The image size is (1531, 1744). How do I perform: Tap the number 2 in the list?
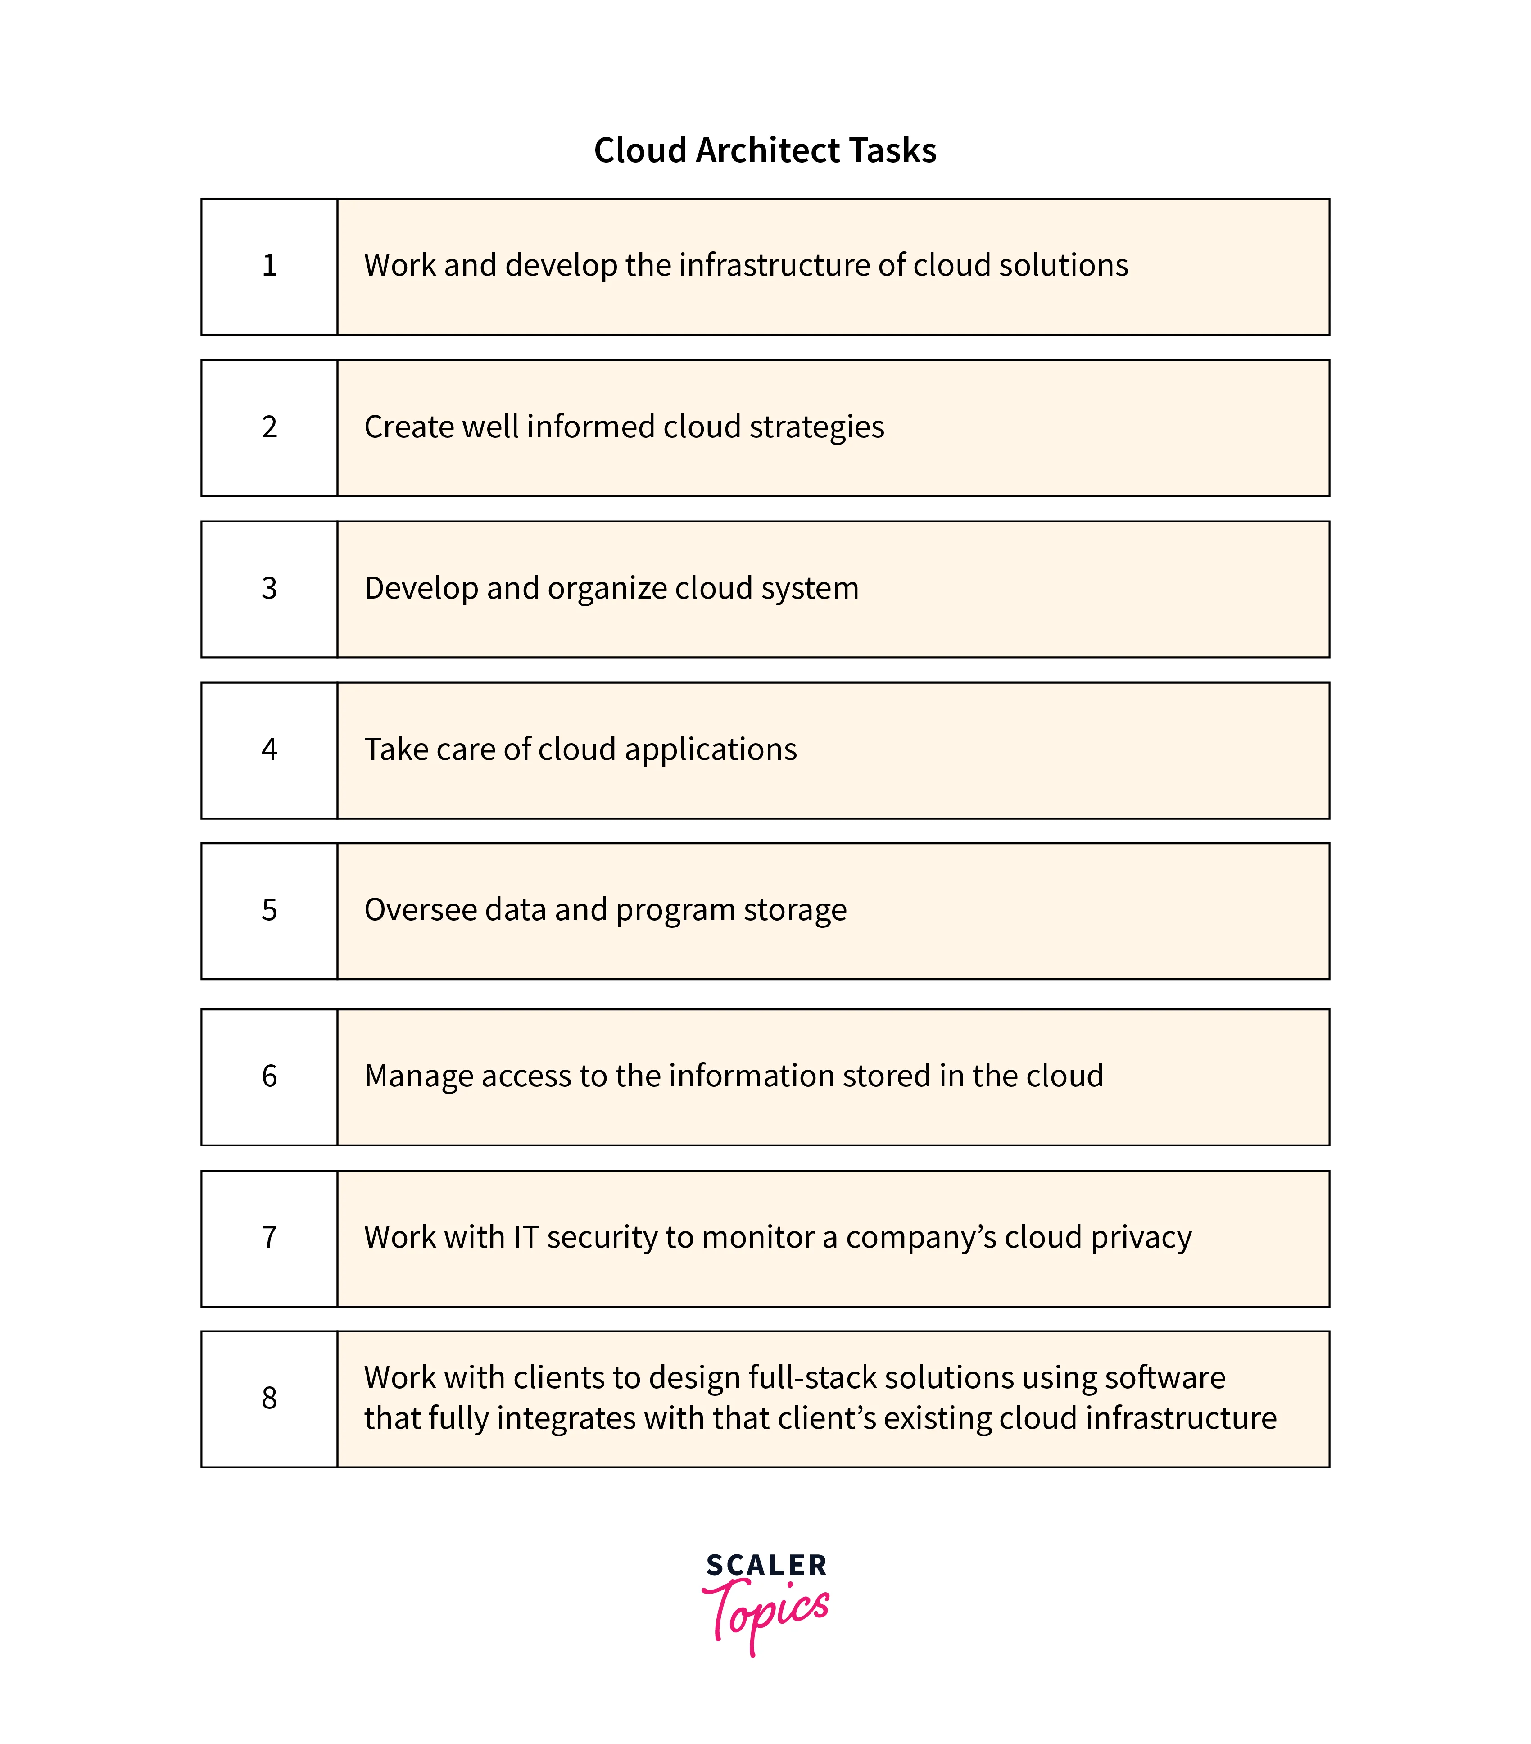pos(269,427)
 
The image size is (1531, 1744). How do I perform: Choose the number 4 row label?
pos(269,749)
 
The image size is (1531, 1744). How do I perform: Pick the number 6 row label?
pos(269,1076)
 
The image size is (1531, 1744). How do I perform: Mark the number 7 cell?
pos(269,1237)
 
